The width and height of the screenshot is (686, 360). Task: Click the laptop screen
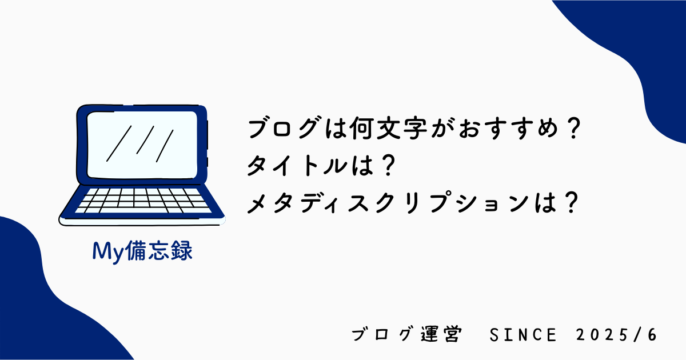coord(142,145)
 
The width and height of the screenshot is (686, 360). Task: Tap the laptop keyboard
coord(143,201)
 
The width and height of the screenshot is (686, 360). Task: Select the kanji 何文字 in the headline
coord(388,128)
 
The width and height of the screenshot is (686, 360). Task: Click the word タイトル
coord(298,166)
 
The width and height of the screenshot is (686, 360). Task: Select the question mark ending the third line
coord(571,202)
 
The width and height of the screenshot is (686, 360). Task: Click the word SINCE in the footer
coord(523,335)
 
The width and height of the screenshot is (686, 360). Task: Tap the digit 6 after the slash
coord(652,335)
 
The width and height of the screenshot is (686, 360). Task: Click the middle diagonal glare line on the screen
coord(145,140)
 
